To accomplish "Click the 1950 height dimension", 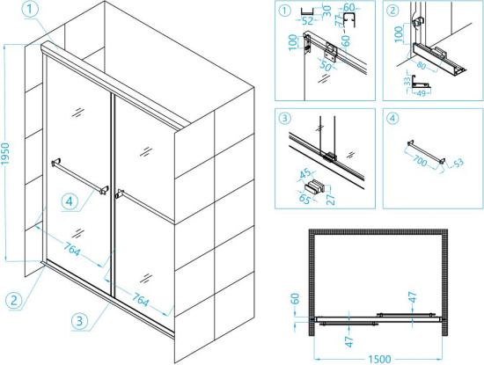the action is point(6,153).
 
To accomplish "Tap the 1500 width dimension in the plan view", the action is point(379,360).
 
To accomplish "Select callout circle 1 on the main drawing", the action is point(30,10).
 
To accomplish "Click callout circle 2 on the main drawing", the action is point(14,300).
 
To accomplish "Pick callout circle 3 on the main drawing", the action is point(79,321).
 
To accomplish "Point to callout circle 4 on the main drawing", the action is point(70,201).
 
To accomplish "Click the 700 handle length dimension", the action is point(420,160).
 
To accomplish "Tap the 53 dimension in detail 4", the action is point(458,163).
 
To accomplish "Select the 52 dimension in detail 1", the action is point(307,21).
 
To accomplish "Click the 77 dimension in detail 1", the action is point(340,19).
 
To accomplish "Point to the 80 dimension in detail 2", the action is point(421,65).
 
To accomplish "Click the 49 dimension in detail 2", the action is point(421,93).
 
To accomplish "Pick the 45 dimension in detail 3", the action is point(306,174).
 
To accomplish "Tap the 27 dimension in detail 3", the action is point(331,199).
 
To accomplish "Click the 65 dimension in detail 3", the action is point(304,199).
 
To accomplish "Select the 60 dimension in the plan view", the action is point(296,299).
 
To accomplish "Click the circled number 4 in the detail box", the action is point(392,118).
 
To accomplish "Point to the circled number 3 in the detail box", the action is point(284,118).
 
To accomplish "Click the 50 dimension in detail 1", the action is point(326,66).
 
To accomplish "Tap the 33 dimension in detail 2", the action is point(407,81).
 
